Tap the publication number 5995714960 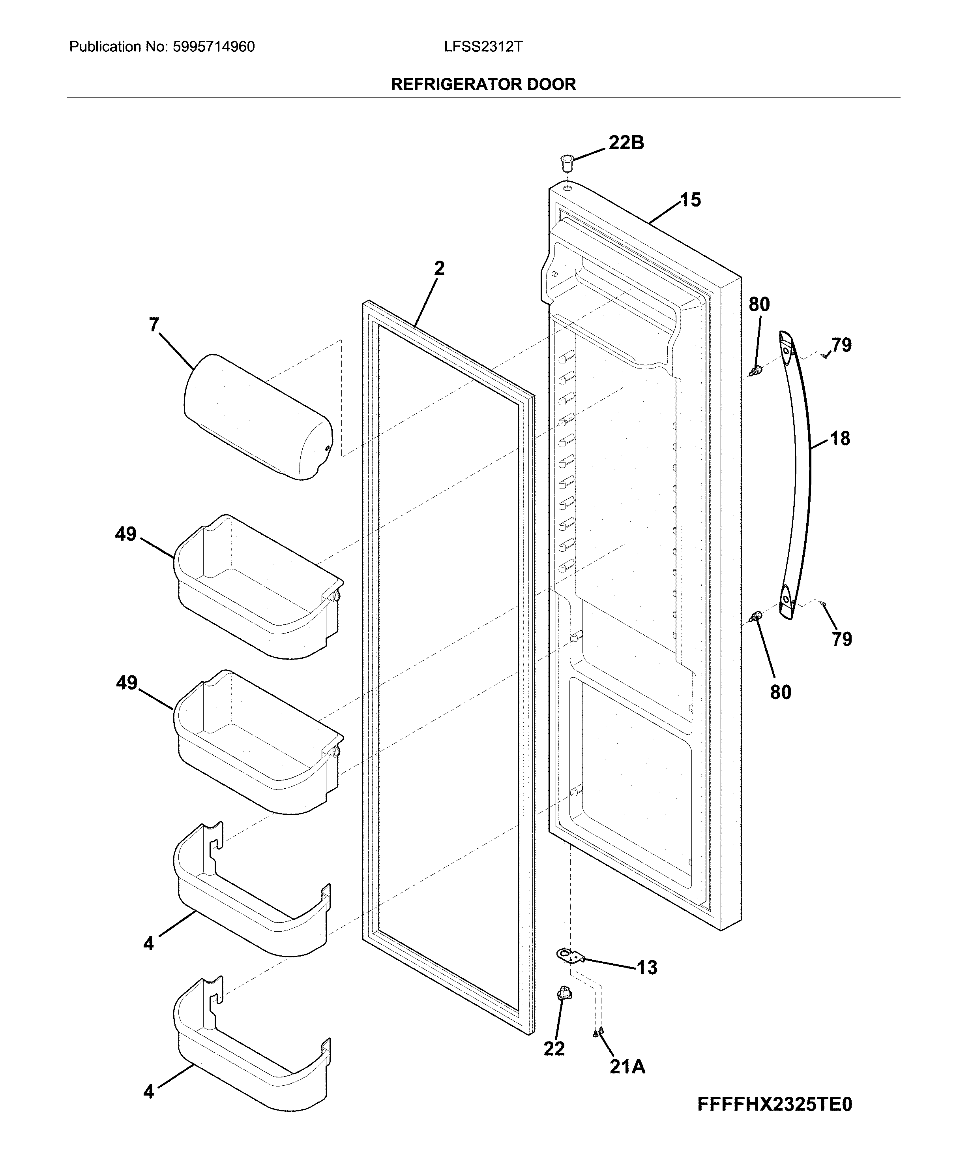point(213,47)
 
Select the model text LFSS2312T point(483,47)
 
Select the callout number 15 point(690,200)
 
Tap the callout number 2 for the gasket point(439,269)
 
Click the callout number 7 point(154,325)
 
